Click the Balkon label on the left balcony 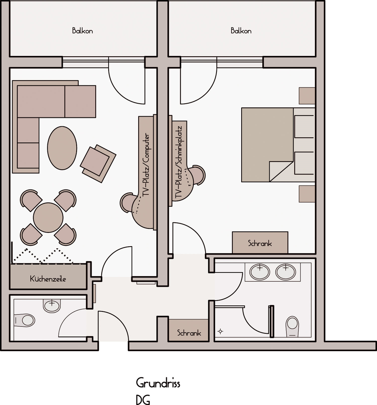(x=82, y=31)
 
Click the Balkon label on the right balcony (x=241, y=31)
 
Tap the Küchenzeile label (x=48, y=279)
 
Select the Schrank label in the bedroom (x=260, y=243)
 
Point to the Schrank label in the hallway (x=189, y=333)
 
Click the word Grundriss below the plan (x=158, y=383)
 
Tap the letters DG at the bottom (x=143, y=400)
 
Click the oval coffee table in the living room (x=62, y=148)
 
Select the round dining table (x=48, y=217)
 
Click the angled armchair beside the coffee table (x=98, y=164)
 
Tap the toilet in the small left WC (x=24, y=320)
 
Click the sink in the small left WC (x=52, y=305)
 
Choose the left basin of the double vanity (x=259, y=272)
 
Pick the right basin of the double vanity (x=285, y=272)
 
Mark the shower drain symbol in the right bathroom (x=220, y=331)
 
